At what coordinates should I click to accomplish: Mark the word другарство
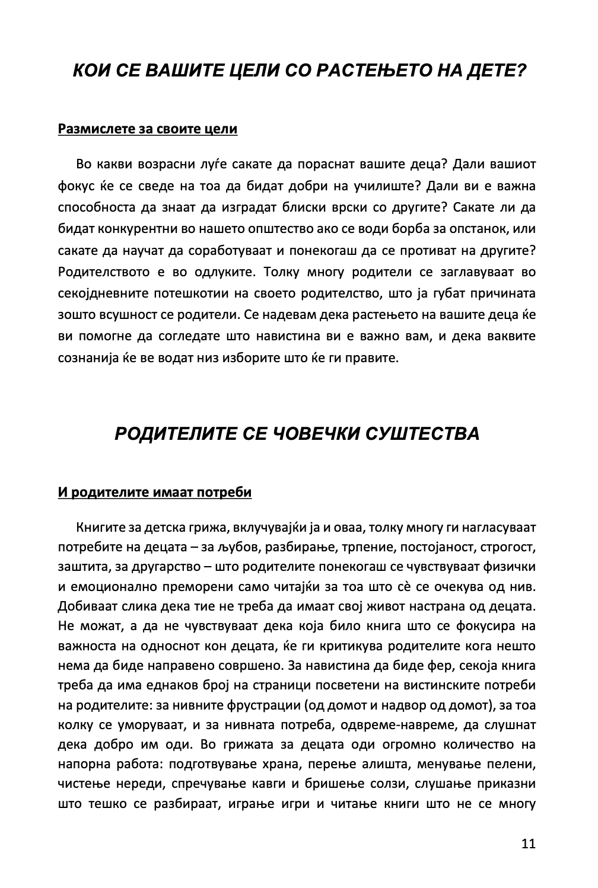coord(161,566)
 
